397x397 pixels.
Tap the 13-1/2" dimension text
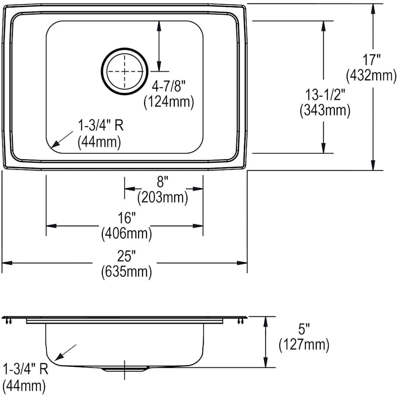pos(325,94)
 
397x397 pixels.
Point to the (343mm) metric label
pos(325,110)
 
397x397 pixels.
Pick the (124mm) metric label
pos(169,102)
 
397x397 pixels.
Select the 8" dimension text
pos(162,181)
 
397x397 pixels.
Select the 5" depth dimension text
pos(303,328)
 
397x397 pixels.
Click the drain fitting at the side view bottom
pos(124,369)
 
